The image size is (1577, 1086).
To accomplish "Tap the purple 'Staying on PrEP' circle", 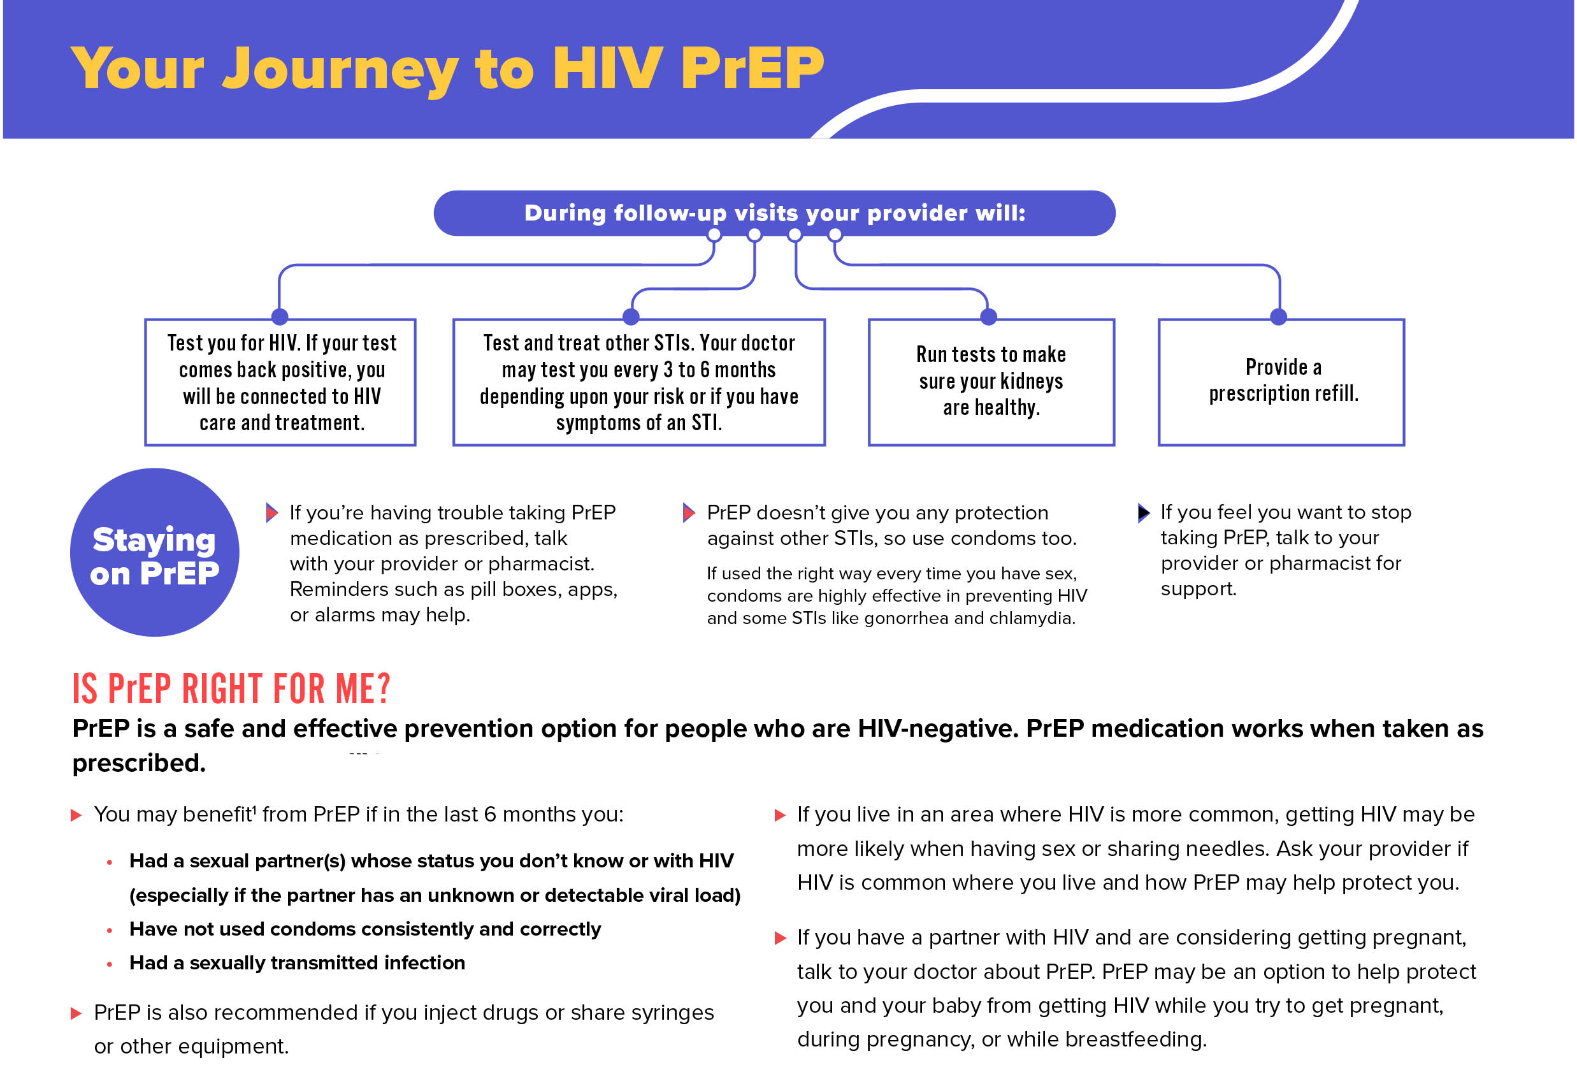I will pos(154,553).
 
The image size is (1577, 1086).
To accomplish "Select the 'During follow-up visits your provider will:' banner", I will pos(774,214).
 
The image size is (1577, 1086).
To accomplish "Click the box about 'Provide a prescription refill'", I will pos(1282,382).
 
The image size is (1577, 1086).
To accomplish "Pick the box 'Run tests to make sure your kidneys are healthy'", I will pos(991,382).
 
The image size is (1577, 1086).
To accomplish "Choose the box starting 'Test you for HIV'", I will pos(281,382).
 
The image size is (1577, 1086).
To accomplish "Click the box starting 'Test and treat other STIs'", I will pos(639,382).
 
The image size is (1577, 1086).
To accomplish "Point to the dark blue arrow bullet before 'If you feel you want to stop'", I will pos(1144,513).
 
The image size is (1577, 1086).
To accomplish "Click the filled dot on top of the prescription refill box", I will pos(1279,316).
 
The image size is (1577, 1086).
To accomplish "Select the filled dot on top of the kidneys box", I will pos(988,316).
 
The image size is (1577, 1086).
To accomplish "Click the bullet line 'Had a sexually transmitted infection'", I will pos(298,964).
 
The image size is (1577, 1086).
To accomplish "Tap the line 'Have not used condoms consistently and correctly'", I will pos(364,929).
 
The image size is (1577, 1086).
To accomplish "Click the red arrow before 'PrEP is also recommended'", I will pos(76,1014).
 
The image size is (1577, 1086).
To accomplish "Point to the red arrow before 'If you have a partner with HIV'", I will pos(781,939).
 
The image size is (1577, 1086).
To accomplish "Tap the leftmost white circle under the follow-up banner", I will pos(714,235).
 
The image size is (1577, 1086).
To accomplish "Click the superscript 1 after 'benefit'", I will pos(254,808).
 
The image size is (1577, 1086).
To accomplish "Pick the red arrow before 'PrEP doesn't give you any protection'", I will pos(689,513).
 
